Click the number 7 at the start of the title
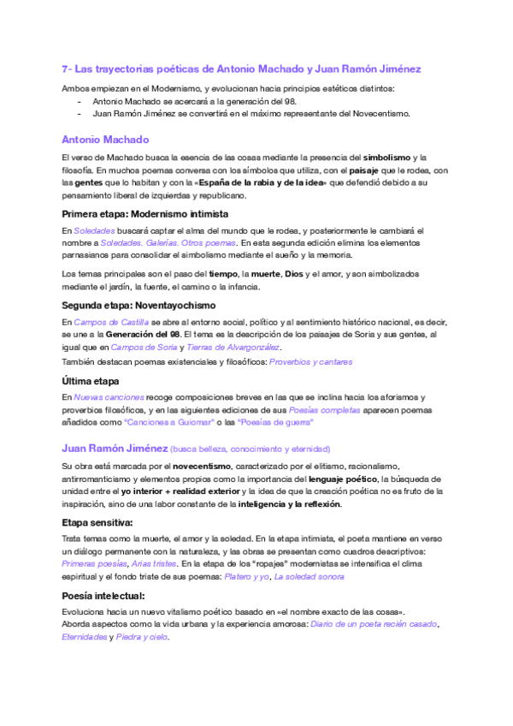65,68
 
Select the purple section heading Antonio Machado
106,139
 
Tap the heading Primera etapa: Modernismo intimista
144,213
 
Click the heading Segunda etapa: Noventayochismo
139,305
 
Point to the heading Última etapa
91,381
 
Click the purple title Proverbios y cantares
310,362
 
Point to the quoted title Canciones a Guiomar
169,422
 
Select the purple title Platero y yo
246,577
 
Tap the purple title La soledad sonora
310,577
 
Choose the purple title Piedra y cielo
143,637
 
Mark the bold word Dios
294,273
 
